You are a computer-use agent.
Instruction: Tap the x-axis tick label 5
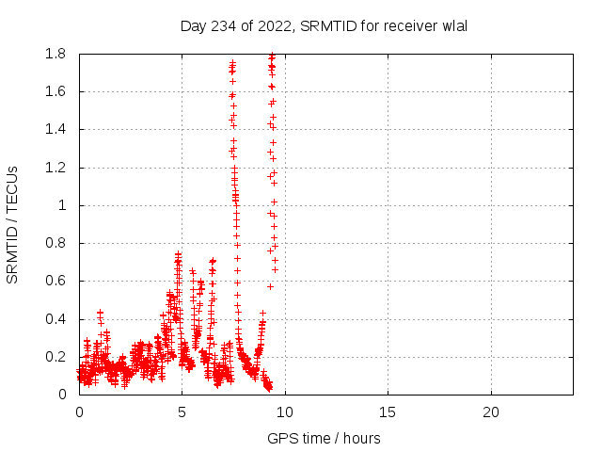(182, 412)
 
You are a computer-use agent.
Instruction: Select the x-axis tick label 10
(284, 412)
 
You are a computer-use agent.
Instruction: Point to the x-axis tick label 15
(388, 412)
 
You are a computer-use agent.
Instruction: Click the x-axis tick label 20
(490, 412)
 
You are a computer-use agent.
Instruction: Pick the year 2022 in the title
(274, 26)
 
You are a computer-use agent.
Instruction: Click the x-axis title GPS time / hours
(325, 438)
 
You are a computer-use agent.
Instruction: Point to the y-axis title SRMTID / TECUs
(13, 224)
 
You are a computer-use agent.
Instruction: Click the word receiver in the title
(407, 26)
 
